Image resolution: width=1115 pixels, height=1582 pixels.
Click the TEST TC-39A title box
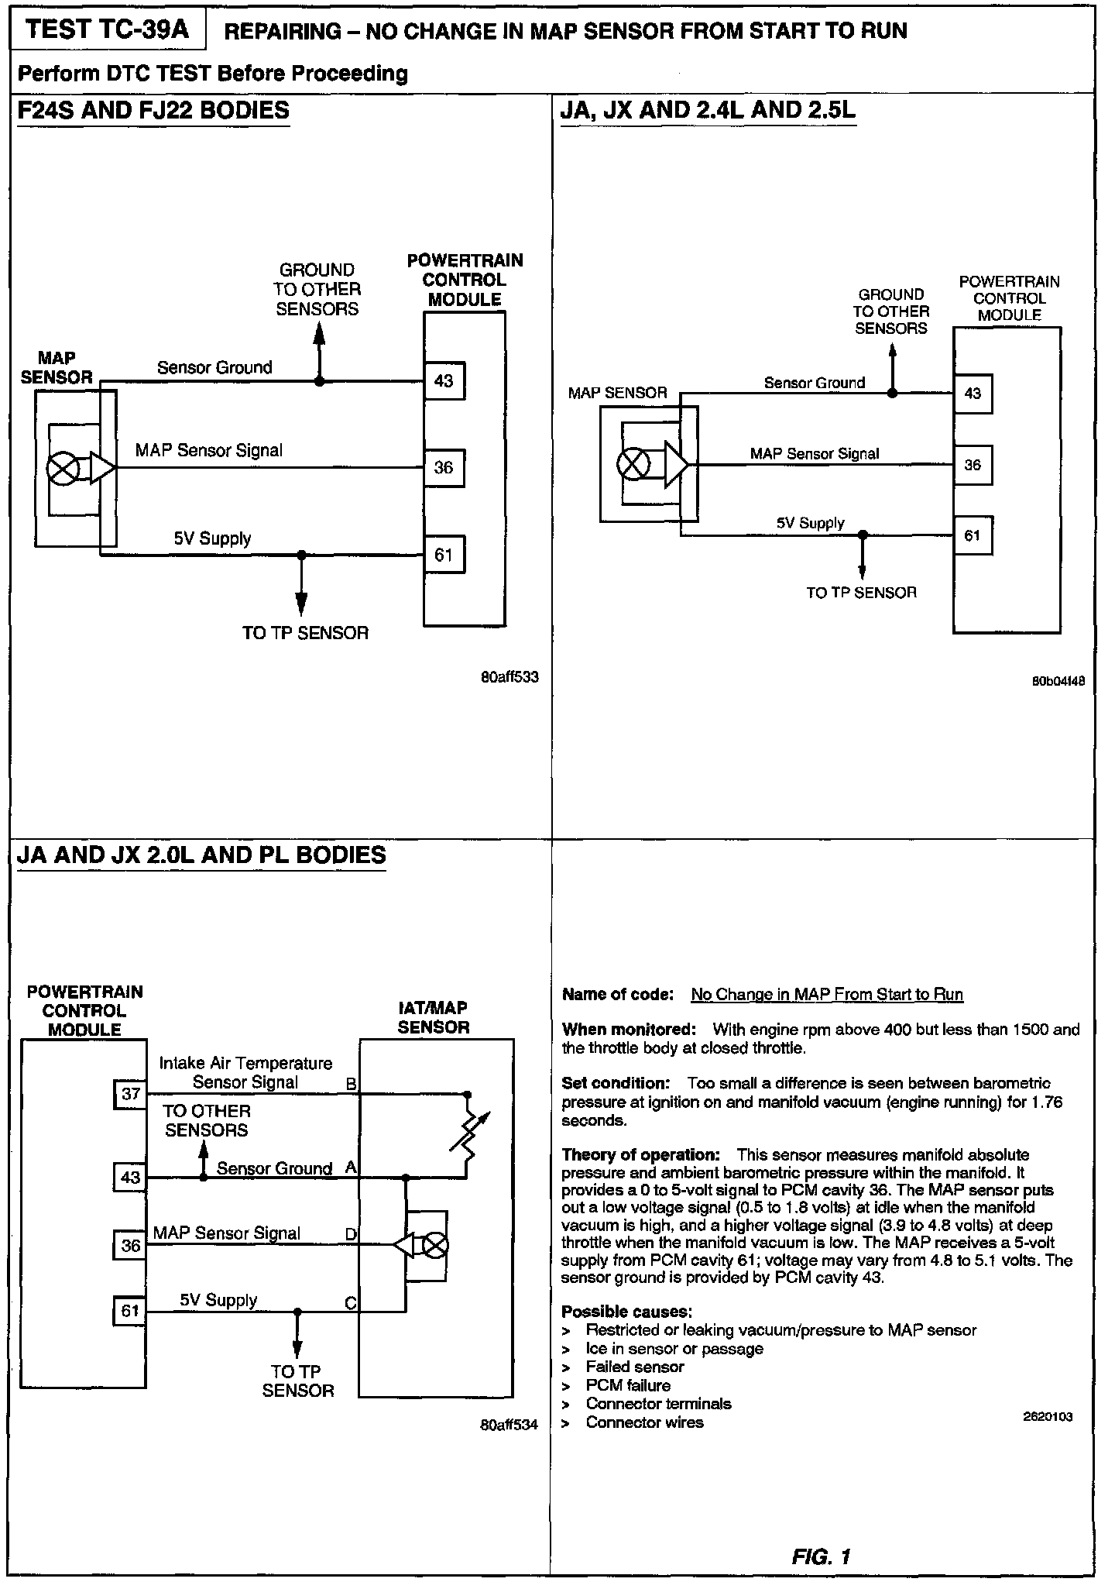coord(107,30)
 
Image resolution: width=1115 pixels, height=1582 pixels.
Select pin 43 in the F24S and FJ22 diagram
coord(444,381)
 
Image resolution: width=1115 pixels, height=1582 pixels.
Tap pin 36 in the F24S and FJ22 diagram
coord(444,468)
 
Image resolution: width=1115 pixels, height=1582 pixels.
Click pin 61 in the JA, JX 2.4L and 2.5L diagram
coord(973,535)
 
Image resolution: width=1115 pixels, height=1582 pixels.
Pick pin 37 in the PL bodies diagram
coord(131,1094)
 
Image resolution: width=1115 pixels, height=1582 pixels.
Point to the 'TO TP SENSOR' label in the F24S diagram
coord(305,633)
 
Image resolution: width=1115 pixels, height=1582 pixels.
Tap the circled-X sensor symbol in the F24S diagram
coord(62,468)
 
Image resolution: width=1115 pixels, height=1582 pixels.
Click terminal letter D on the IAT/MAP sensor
coord(351,1234)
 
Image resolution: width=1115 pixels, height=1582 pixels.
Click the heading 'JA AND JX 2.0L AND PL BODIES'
coord(201,855)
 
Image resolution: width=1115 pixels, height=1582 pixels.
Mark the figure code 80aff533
coord(509,677)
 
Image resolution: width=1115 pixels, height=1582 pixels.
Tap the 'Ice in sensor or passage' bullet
coord(674,1349)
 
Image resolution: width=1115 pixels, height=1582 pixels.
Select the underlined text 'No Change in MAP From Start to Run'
coord(827,995)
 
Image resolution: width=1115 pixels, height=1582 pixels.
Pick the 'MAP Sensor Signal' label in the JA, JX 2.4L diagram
coord(815,454)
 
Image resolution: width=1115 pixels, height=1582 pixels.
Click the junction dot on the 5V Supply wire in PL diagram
coord(297,1312)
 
